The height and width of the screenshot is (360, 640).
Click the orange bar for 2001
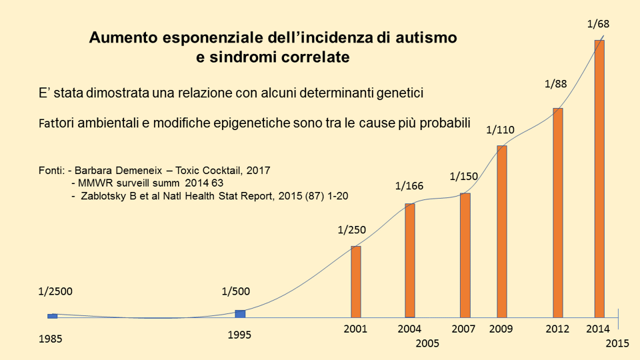[356, 282]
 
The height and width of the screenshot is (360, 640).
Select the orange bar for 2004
[410, 260]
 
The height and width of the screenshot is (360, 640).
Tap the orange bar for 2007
[465, 255]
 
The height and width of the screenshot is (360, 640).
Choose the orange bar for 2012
[558, 213]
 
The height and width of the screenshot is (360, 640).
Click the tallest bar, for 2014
[599, 179]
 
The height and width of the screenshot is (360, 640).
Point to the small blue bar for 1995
[240, 313]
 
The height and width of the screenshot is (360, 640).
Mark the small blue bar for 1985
[53, 315]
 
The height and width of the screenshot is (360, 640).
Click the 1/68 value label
[598, 24]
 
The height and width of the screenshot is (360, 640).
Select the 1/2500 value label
[55, 291]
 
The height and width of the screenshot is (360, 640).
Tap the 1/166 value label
[410, 186]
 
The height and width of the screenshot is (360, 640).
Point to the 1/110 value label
[500, 129]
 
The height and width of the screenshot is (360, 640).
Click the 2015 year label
[618, 343]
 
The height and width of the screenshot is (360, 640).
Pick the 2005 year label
[427, 344]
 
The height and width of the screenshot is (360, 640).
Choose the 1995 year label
[239, 335]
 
